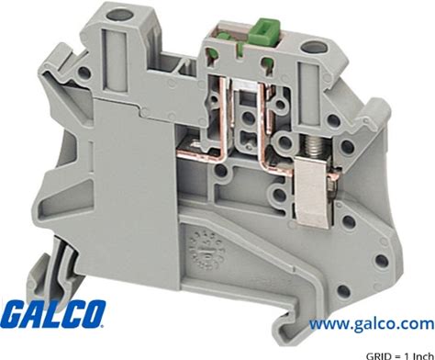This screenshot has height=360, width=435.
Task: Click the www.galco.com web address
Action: click(372, 324)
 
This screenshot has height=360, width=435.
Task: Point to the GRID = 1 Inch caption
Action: click(400, 356)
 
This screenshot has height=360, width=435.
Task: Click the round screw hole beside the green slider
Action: click(310, 47)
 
